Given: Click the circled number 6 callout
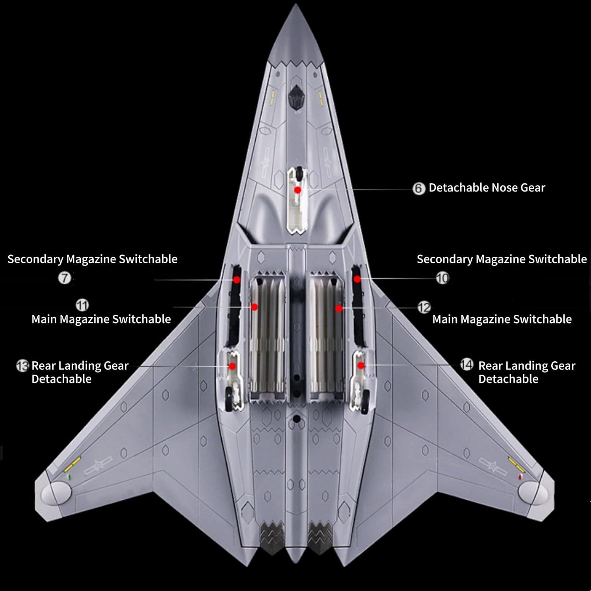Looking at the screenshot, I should point(419,189).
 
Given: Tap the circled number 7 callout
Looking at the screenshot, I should point(65,278).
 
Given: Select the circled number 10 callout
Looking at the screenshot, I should point(442,278).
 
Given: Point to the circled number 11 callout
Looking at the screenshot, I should point(82,305).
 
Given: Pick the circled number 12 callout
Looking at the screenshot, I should point(424,307).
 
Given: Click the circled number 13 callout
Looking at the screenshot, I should point(22,366).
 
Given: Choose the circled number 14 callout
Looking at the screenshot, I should point(466,365).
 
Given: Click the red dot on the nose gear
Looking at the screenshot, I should point(298,190).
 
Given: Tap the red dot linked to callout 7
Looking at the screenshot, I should point(236,279).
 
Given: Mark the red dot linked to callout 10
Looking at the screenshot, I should point(357,279).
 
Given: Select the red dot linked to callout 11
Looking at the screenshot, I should point(255,307).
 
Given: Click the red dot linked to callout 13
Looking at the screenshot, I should point(232,366).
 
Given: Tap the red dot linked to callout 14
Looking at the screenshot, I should point(361,366).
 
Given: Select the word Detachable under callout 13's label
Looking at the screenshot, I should point(61,379).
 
